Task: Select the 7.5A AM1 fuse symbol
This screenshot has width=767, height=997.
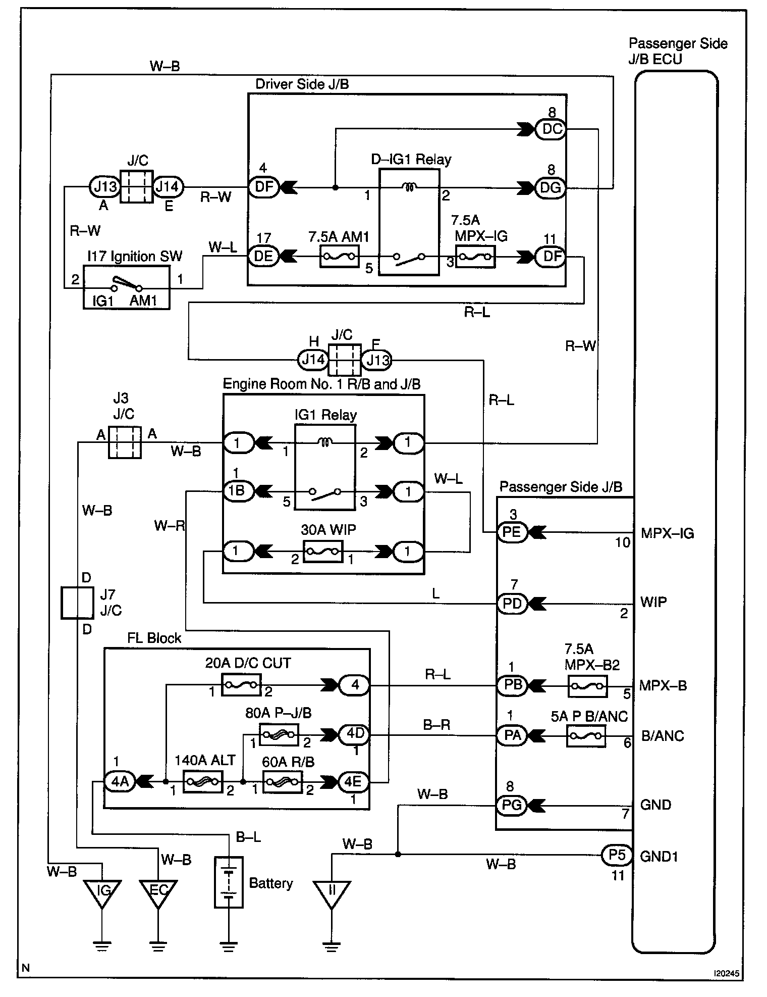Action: pos(340,257)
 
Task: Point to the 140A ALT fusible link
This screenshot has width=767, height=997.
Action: pos(202,782)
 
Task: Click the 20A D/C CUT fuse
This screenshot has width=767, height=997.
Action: pos(241,685)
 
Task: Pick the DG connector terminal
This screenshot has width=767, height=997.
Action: pos(551,188)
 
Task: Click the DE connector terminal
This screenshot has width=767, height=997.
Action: pos(263,256)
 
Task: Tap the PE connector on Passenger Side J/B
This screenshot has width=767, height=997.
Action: pos(513,532)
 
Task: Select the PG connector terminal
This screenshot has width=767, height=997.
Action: pos(512,805)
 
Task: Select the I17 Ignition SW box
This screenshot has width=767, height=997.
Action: pos(127,287)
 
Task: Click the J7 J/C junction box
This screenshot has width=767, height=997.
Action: pos(77,603)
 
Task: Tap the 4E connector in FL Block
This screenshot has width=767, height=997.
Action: pos(353,782)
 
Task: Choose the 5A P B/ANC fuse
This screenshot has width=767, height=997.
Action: pos(586,736)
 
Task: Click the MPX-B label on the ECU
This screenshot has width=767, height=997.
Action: pos(663,686)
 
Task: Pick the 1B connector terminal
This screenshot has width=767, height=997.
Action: pos(237,491)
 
